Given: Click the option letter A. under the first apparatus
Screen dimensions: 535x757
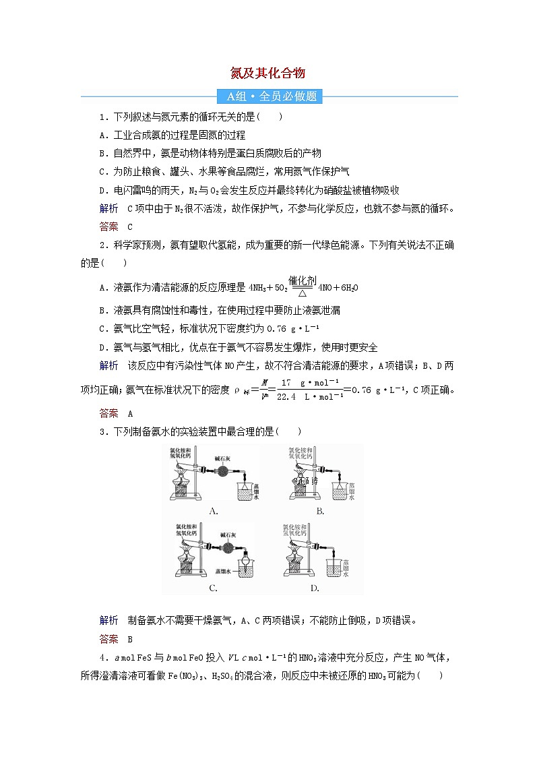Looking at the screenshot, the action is [213, 511].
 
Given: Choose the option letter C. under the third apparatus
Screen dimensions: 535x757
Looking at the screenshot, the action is [213, 587].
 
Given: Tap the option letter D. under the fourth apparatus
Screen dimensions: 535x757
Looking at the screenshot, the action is [314, 587].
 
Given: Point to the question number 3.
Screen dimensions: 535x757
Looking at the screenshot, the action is [101, 431].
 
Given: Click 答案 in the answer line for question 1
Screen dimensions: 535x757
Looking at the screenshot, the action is [108, 226].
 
